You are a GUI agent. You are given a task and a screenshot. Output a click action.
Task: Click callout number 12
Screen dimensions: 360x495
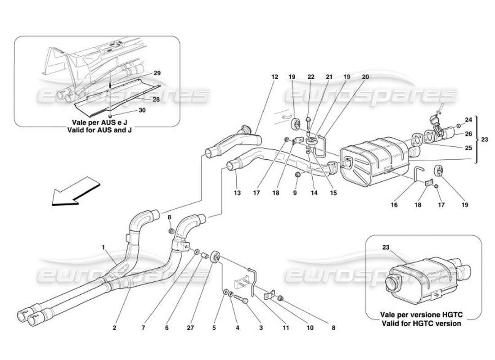coord(274,77)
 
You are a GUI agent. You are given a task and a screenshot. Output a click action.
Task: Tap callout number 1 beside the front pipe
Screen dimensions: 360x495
coord(103,247)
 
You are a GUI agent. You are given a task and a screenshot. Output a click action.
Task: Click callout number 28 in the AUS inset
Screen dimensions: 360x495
coord(156,99)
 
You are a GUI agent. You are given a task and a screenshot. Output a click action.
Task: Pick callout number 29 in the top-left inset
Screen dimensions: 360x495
coord(144,73)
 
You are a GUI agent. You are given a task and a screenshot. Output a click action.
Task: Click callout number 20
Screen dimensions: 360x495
coord(365,77)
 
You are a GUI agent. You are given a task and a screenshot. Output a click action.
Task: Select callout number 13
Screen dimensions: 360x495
coord(237,193)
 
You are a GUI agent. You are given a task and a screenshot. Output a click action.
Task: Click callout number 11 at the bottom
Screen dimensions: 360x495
coord(285,328)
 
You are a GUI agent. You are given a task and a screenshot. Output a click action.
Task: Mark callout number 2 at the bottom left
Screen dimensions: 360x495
coord(115,328)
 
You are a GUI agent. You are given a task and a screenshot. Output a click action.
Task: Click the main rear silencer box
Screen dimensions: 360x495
coord(373,160)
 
